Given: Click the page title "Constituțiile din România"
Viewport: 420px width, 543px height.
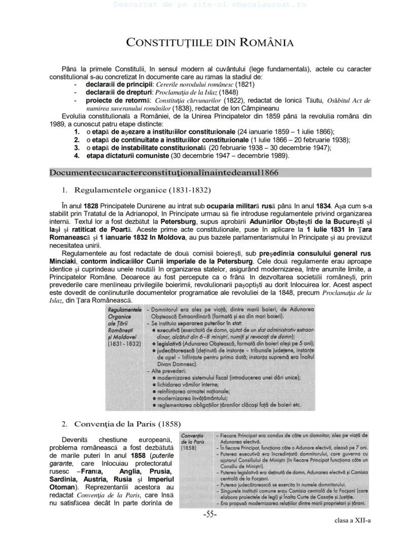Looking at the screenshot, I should [x=209, y=42].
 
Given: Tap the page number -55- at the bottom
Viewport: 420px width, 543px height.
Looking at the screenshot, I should [x=210, y=515].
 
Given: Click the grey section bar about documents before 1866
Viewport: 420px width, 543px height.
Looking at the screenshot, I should [x=210, y=173].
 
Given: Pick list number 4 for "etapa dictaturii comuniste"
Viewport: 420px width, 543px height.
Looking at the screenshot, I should [x=77, y=155].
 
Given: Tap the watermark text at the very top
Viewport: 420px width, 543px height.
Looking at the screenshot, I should [x=209, y=5].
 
